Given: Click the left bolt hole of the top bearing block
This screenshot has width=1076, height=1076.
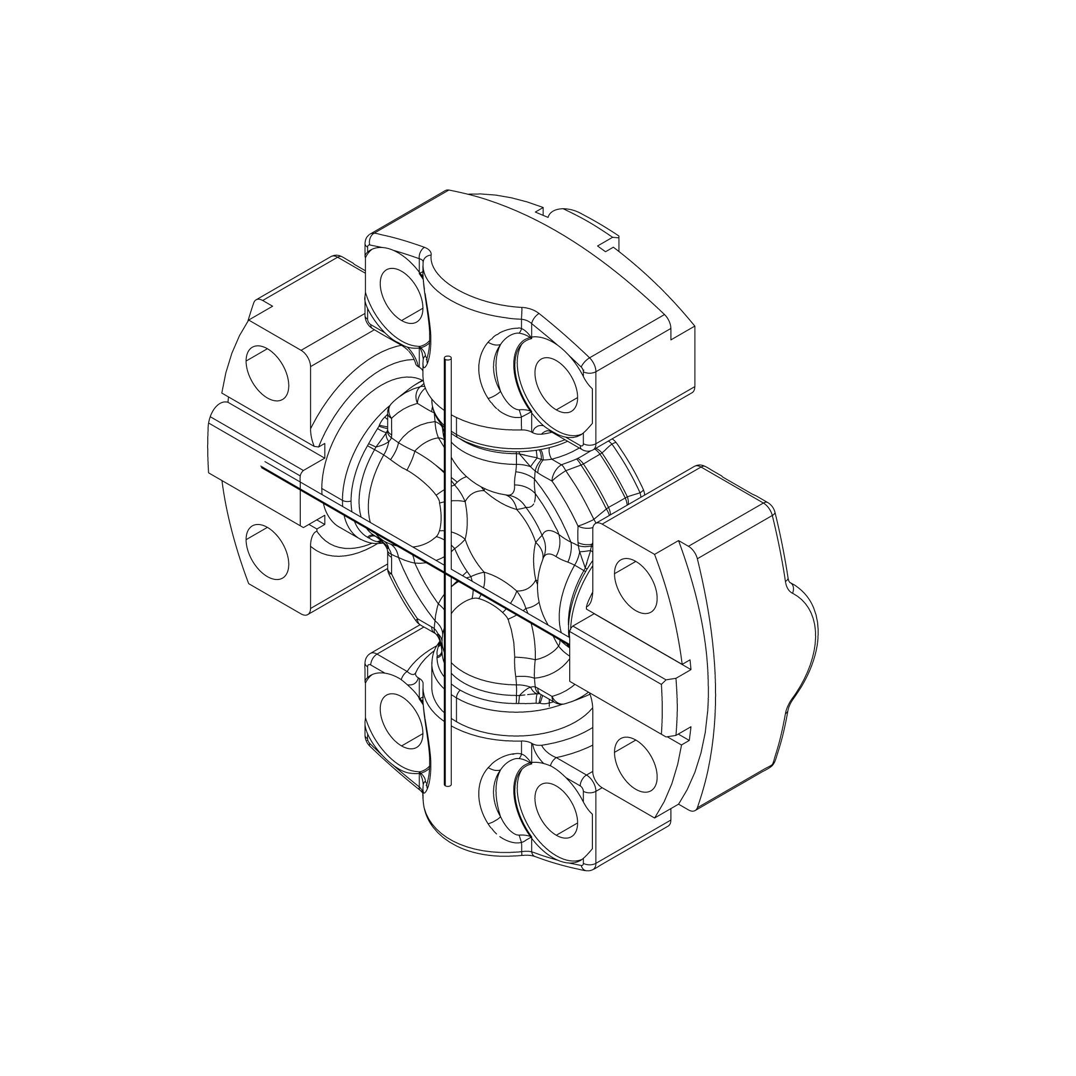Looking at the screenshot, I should [x=400, y=295].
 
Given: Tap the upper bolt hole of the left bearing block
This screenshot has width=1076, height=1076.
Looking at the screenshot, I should [x=267, y=373].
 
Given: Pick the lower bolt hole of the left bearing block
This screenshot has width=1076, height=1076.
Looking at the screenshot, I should [x=267, y=551].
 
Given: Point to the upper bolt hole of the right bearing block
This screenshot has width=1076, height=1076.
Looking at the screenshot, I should [x=634, y=585].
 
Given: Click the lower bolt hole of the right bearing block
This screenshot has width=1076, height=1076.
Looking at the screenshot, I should [x=634, y=763].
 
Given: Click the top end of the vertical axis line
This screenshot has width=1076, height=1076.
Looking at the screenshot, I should [x=447, y=359].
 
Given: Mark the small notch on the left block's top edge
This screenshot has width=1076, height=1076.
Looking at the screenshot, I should [x=262, y=305].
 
